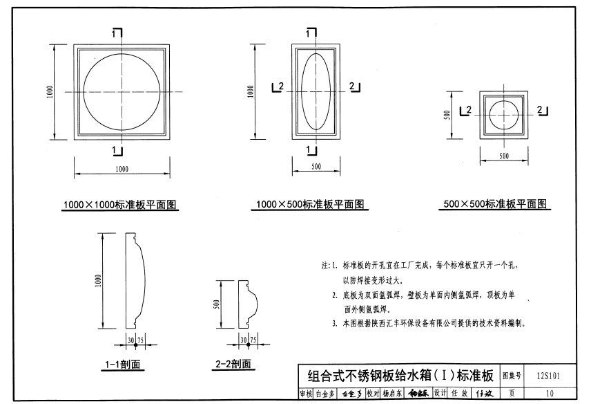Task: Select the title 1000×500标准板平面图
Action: [x=311, y=205]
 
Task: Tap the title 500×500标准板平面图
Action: [x=495, y=205]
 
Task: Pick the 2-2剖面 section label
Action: [x=233, y=364]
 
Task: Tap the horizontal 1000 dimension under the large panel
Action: [x=122, y=168]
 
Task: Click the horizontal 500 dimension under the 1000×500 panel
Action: [x=316, y=167]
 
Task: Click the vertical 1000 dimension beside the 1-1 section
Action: [x=100, y=281]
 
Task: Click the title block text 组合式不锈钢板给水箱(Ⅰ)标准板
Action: [x=400, y=376]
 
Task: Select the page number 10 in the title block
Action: [x=549, y=394]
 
